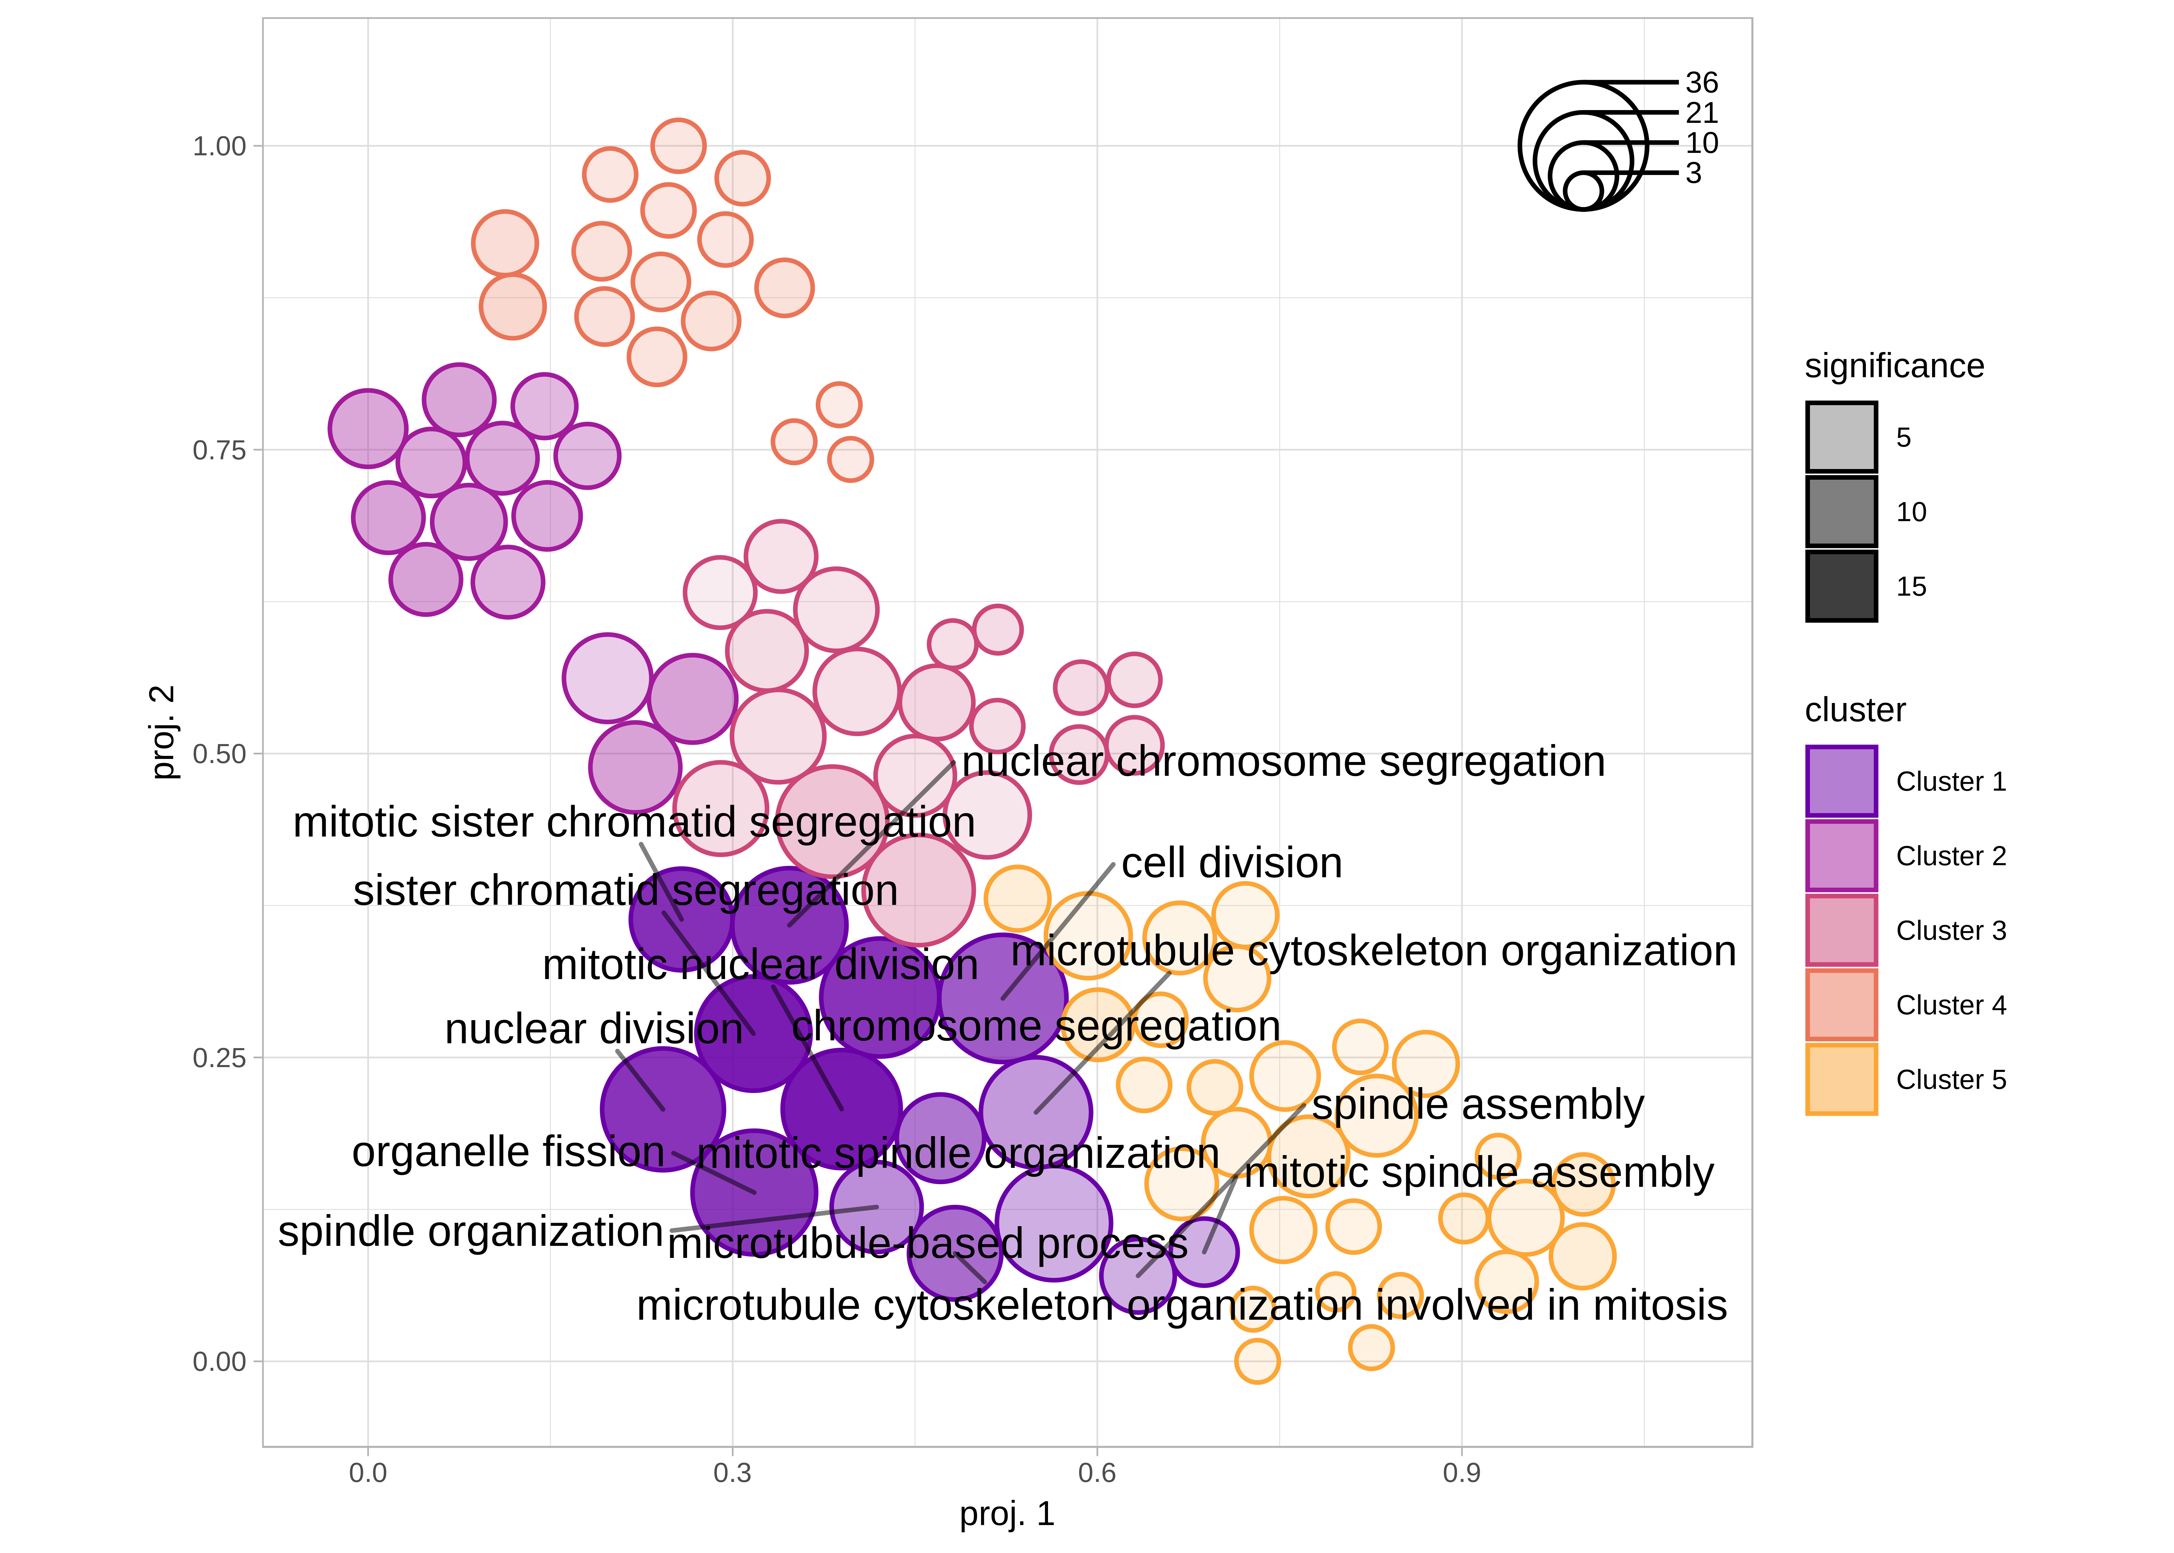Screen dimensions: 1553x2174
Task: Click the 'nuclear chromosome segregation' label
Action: pos(1283,762)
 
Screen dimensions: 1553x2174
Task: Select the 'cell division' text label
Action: pos(1231,863)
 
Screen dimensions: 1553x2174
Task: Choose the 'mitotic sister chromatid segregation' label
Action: pos(634,822)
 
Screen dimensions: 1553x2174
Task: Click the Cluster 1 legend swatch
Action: pos(1840,781)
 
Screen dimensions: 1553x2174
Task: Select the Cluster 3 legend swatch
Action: pos(1840,930)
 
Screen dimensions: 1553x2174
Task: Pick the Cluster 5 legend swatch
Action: pos(1840,1080)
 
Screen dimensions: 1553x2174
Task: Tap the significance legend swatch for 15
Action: pos(1840,586)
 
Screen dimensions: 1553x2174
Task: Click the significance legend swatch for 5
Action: pos(1840,437)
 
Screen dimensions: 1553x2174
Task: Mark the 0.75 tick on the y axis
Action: pos(219,450)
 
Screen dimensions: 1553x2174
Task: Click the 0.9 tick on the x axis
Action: pos(1461,1473)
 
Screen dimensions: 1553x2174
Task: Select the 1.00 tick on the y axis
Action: pos(219,146)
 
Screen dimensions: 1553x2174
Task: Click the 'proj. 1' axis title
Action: pos(1007,1514)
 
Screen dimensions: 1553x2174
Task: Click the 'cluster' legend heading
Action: pos(1855,711)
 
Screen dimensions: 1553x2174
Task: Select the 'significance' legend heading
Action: pos(1894,366)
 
